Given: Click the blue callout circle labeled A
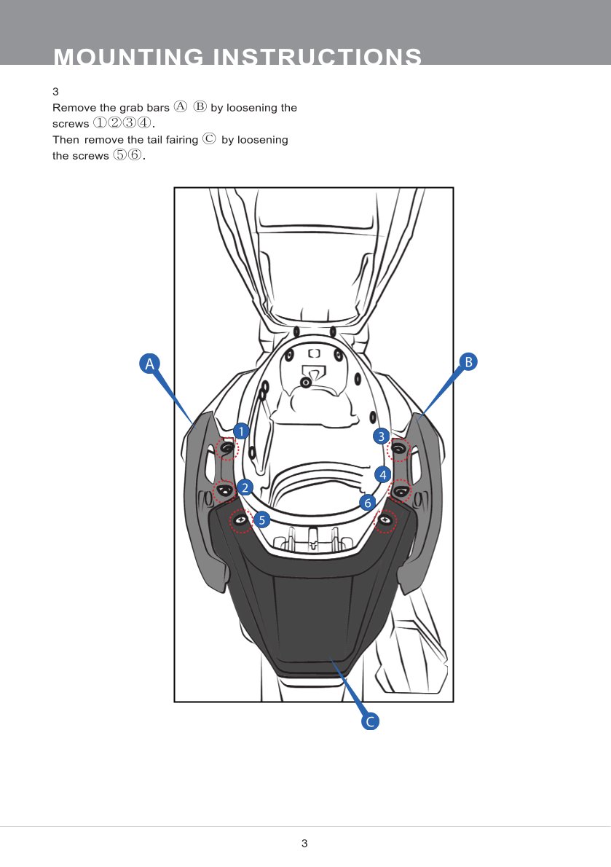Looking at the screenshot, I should (x=149, y=364).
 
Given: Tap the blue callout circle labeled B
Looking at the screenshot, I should (x=468, y=361).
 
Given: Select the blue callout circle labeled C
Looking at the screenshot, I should (x=370, y=722).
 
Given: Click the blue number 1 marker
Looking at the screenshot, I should (x=242, y=431).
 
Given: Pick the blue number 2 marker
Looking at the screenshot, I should (x=245, y=487).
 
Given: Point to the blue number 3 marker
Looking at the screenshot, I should (x=381, y=436).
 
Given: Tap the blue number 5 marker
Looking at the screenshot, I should (x=262, y=519).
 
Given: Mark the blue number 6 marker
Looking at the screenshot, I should (x=368, y=503).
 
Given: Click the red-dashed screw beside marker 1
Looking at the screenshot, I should (x=227, y=449).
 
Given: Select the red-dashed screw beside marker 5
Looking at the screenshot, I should (x=240, y=521).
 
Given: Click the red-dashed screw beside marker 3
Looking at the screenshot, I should (x=398, y=449).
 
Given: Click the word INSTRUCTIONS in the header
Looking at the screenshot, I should (x=317, y=57).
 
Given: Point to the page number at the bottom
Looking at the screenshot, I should (x=305, y=844).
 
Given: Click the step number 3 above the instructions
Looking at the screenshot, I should (x=55, y=92).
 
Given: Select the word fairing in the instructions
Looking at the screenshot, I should (x=178, y=139).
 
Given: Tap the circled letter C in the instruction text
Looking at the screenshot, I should (x=209, y=139).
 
